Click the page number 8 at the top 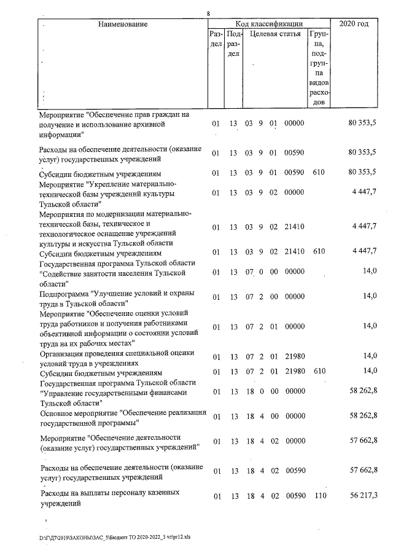209,13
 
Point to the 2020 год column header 354,24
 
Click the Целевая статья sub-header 274,35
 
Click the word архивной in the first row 167,123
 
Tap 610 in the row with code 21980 318,373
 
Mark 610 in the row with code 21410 318,253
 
